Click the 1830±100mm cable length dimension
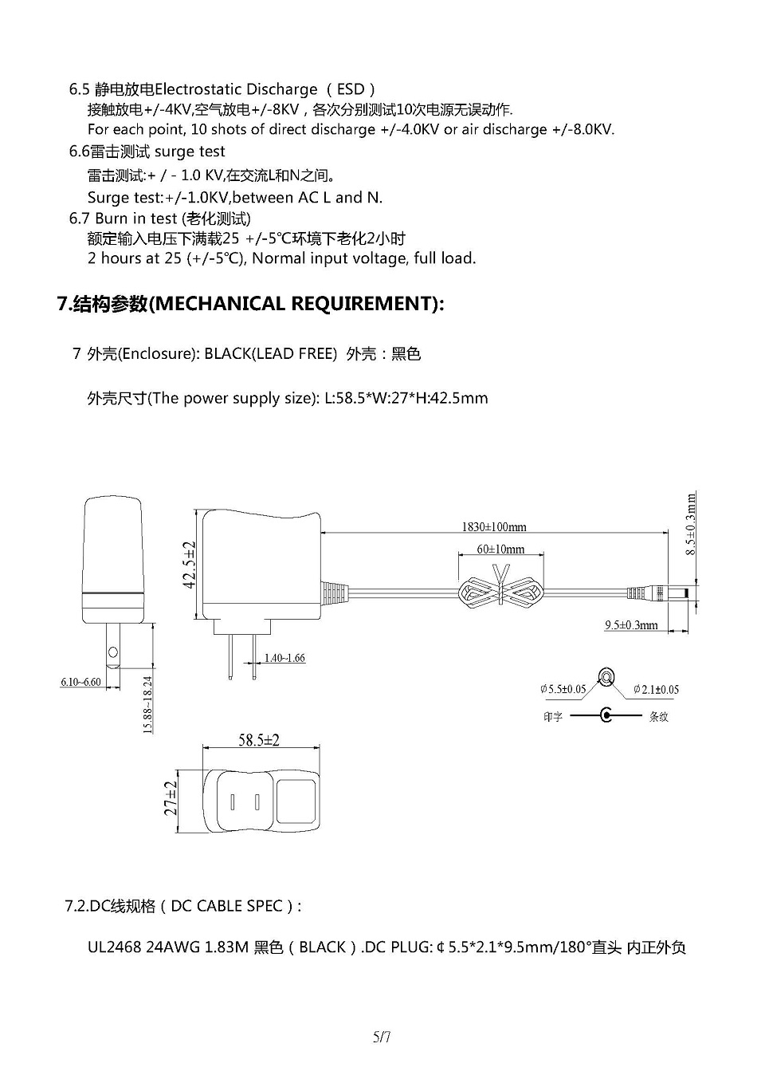tap(494, 526)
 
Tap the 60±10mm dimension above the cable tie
tap(500, 549)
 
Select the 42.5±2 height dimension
tap(190, 565)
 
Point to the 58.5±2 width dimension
tap(259, 740)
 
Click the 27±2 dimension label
tap(171, 798)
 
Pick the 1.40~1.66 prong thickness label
tap(284, 658)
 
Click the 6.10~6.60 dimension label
tap(80, 682)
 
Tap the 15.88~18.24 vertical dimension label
tap(147, 704)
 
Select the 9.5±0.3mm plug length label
tap(631, 625)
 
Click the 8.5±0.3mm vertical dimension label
tap(691, 524)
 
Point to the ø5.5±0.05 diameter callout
tap(563, 689)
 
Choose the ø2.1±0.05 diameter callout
tap(656, 690)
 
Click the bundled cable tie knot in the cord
tap(500, 591)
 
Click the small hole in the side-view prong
tap(113, 652)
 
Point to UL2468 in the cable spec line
tap(115, 947)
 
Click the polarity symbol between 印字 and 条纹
tap(606, 715)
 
